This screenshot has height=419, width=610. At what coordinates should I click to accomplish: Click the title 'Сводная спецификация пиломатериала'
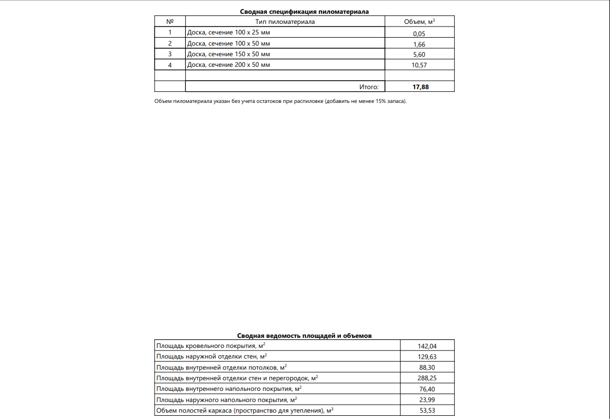(304, 11)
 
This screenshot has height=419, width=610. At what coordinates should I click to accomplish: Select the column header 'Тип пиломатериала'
(285, 22)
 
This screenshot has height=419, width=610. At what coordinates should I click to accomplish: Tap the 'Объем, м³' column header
(419, 22)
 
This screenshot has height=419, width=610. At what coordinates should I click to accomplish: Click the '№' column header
(170, 22)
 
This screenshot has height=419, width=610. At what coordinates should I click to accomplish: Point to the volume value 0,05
(419, 33)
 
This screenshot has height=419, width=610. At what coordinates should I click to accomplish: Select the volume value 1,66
(419, 45)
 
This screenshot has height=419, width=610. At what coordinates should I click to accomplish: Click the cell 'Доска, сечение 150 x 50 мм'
(229, 54)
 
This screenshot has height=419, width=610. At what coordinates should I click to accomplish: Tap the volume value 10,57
(419, 65)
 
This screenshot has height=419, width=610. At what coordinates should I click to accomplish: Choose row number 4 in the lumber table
(170, 65)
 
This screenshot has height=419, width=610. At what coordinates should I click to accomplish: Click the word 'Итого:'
(369, 87)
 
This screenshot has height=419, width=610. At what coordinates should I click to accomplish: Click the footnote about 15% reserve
(280, 101)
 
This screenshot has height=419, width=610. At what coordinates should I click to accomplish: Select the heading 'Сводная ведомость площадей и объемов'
(304, 336)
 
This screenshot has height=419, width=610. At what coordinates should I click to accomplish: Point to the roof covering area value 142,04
(427, 346)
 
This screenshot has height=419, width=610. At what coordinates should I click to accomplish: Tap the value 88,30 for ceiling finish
(427, 367)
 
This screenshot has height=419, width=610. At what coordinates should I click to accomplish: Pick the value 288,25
(427, 378)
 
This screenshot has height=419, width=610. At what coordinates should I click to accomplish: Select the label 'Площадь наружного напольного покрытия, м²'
(227, 399)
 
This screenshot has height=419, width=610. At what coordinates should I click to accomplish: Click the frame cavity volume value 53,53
(427, 410)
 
